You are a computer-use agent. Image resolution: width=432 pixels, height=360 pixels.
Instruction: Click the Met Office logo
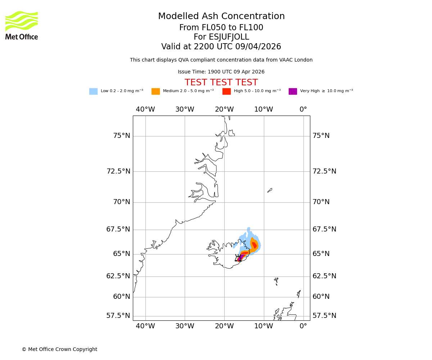coord(22,25)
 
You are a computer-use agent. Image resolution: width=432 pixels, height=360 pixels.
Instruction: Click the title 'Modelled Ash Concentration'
coord(221,17)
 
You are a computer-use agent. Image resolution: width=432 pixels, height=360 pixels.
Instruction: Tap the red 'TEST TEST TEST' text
coord(221,82)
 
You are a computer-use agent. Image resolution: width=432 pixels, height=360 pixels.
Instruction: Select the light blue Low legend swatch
coord(93,91)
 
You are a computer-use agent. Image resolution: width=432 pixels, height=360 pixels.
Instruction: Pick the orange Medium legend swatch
coord(156,91)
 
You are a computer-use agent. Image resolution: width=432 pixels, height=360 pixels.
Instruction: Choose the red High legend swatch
coord(226,91)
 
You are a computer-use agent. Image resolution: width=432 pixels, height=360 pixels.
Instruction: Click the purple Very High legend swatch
coord(293,91)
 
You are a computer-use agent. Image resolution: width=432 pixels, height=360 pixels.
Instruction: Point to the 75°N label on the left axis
coord(121,136)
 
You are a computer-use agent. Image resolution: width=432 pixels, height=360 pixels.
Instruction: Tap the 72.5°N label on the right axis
coord(324,171)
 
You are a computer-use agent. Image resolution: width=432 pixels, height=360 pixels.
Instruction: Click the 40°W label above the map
coord(145,109)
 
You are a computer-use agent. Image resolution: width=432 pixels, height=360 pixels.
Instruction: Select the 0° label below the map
coord(303,326)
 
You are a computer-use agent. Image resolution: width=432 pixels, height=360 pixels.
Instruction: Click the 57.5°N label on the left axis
coord(118,316)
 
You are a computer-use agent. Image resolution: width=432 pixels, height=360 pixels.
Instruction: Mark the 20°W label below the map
coord(224,326)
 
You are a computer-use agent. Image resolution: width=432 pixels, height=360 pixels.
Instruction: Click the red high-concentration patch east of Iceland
coord(254,246)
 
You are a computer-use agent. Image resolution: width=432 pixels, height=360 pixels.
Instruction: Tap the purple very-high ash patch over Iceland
coord(240,258)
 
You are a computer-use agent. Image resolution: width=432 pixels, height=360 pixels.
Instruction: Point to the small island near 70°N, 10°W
coord(270,190)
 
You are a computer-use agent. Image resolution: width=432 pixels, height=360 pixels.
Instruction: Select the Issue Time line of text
coord(221,72)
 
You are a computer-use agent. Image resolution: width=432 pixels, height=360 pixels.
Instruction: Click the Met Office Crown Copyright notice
coord(59,349)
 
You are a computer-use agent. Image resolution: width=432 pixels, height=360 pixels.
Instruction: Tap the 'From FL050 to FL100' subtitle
coord(221,28)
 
